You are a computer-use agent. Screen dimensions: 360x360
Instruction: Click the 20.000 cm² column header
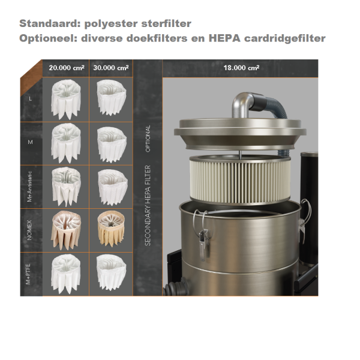point(67,68)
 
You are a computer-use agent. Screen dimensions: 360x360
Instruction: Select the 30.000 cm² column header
point(111,68)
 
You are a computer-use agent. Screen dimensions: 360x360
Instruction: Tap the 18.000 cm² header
point(242,68)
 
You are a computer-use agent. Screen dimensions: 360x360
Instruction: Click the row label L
point(30,99)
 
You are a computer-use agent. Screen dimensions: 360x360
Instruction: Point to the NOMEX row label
point(29,230)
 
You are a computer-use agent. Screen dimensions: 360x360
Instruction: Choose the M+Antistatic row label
point(29,187)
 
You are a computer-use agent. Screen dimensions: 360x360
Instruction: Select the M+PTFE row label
point(28,274)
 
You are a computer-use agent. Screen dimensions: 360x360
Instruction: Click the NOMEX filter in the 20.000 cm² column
point(66,230)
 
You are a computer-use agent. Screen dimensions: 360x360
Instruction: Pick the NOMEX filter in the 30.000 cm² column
point(111,229)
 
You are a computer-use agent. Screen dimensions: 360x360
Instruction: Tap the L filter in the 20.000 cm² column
point(66,100)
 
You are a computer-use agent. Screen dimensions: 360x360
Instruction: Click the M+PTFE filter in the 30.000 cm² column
point(112,272)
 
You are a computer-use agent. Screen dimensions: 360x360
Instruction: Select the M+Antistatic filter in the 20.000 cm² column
point(66,187)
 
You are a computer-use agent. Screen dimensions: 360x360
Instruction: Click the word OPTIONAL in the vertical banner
point(148,139)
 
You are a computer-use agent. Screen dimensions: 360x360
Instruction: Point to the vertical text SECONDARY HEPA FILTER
point(148,205)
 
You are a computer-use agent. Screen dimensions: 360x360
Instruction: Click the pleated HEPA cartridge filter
point(240,180)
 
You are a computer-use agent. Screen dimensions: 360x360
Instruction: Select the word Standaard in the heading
point(50,23)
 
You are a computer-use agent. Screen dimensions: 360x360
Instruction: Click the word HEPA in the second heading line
point(224,38)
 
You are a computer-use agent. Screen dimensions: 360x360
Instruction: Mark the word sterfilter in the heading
point(166,23)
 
